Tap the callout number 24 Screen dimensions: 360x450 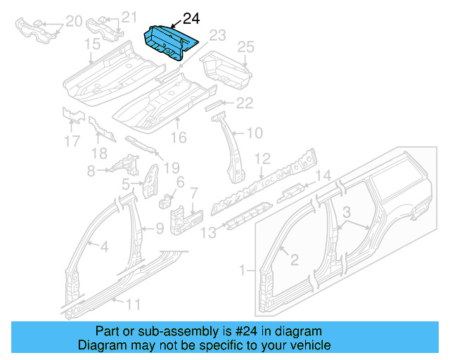tap(192, 19)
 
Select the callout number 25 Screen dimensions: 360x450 tap(245, 47)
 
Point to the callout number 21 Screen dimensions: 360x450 tap(129, 18)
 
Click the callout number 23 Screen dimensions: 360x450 tap(217, 35)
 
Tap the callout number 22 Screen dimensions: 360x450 tap(244, 104)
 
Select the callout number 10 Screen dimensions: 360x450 tap(254, 132)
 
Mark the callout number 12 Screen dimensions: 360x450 tap(262, 158)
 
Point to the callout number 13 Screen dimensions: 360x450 tap(208, 231)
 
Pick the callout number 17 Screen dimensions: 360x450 tap(72, 141)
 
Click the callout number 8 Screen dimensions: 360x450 tap(90, 170)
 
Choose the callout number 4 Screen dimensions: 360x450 tap(103, 246)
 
